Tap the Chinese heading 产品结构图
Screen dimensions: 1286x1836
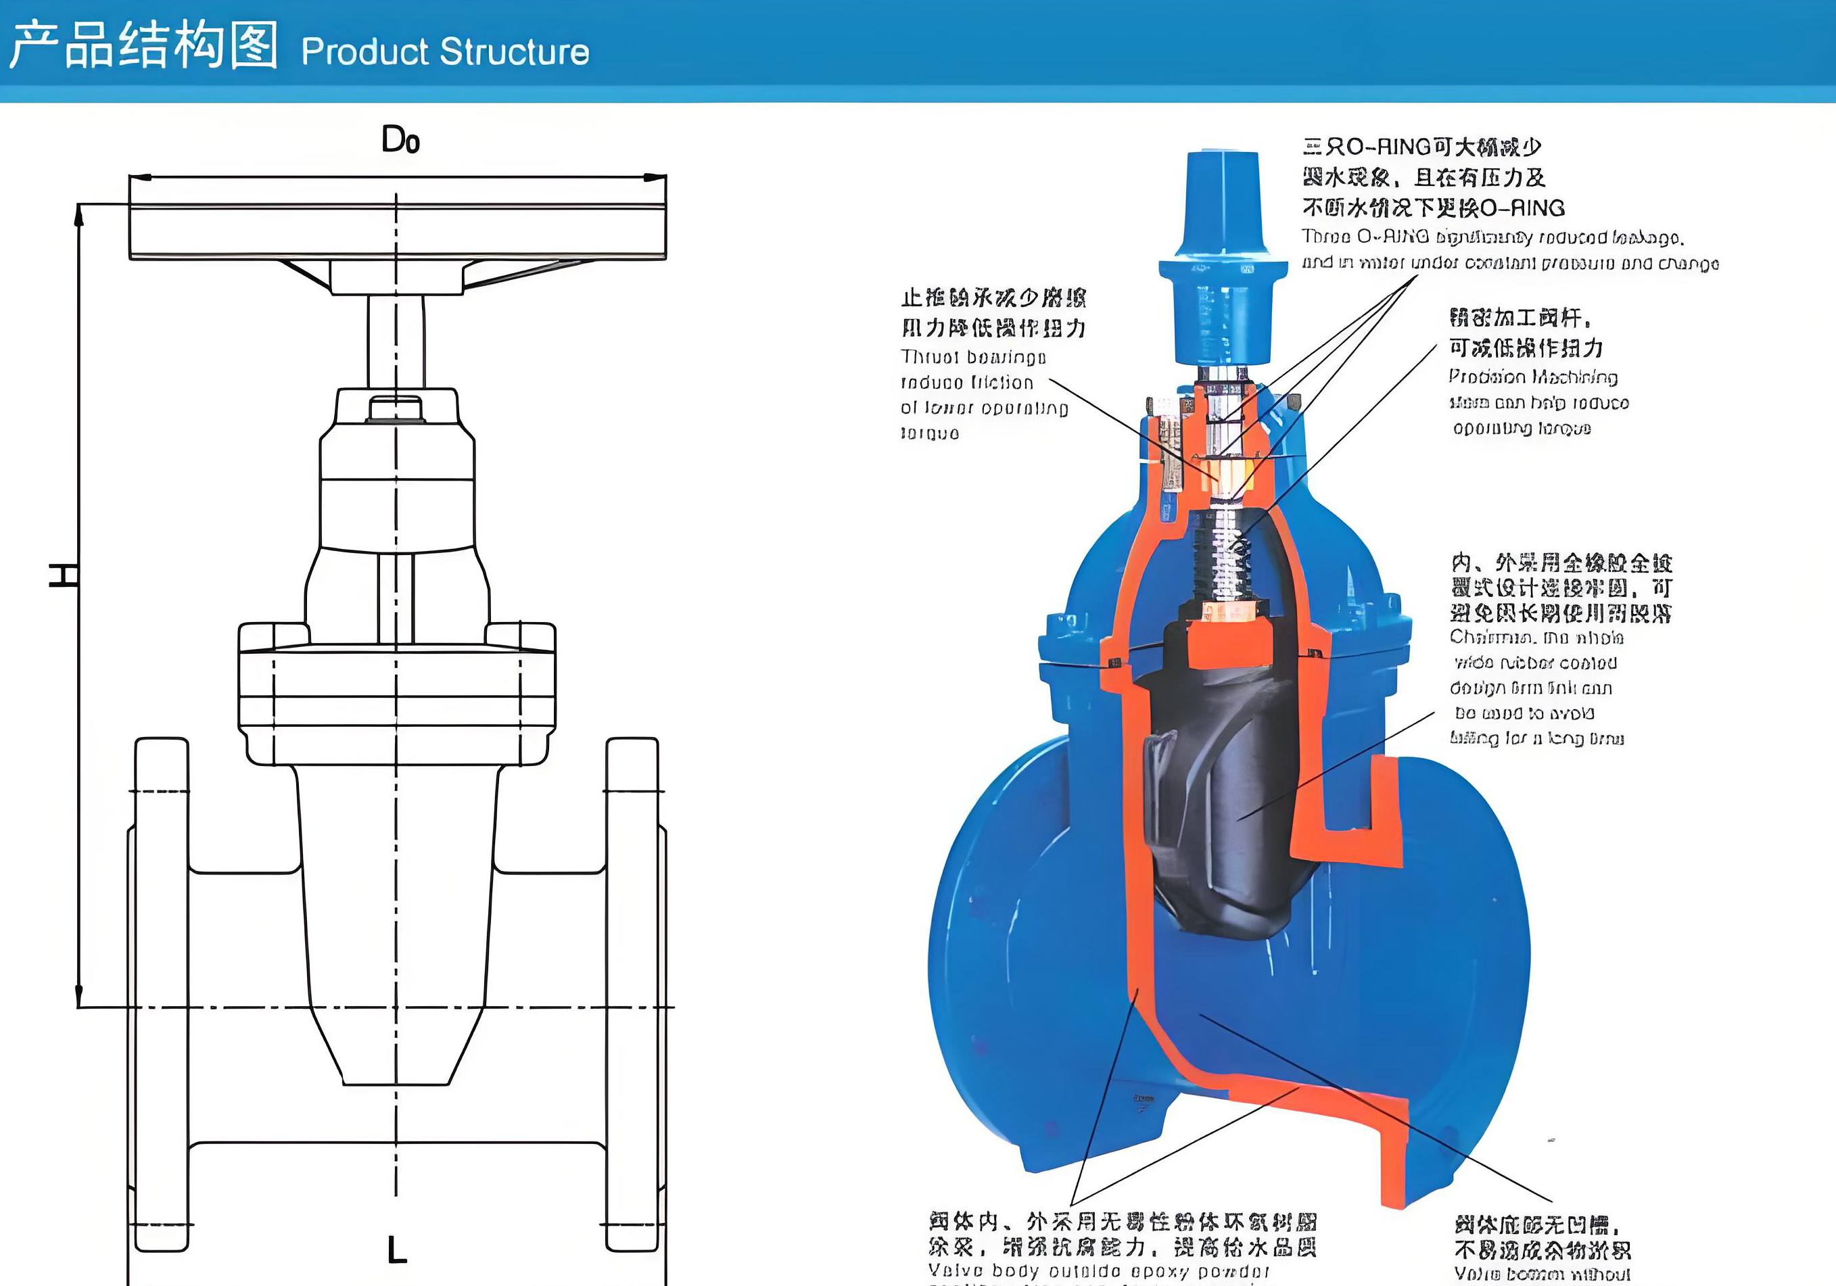[x=144, y=45]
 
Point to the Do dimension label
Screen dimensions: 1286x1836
[x=400, y=141]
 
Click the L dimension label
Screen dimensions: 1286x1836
[x=397, y=1250]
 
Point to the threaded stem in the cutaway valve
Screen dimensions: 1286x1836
[x=1223, y=560]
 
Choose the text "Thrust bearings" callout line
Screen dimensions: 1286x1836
[x=973, y=358]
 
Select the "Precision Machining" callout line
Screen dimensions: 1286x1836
[x=1532, y=377]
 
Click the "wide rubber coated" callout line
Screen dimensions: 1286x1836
[x=1531, y=663]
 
